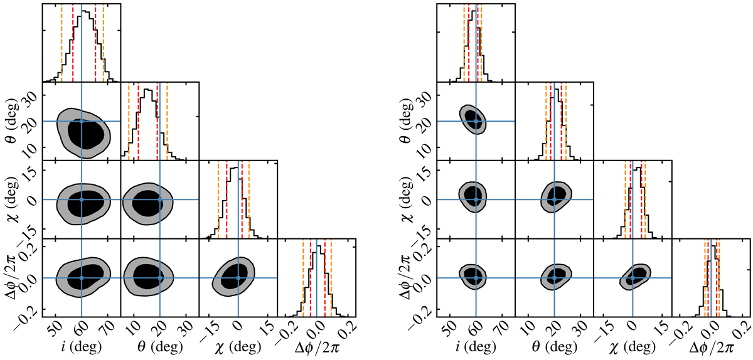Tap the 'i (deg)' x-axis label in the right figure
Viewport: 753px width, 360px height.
(x=476, y=346)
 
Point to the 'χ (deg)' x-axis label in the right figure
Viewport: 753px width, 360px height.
(x=633, y=346)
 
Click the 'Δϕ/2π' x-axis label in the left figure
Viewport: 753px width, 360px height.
(x=317, y=346)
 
